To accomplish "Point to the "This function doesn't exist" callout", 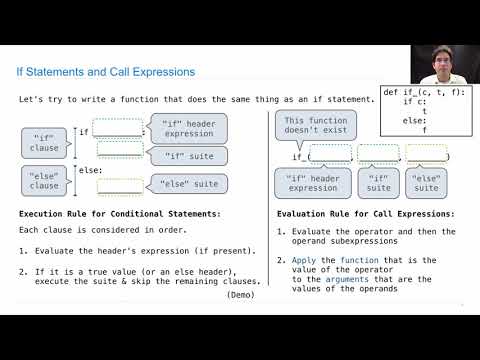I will click(313, 126).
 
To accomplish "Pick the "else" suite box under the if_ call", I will click(426, 183).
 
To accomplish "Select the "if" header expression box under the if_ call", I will click(313, 183).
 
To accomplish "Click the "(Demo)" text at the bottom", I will click(241, 296).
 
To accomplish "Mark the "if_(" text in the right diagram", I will click(301, 156).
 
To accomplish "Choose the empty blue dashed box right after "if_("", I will click(330, 154).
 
